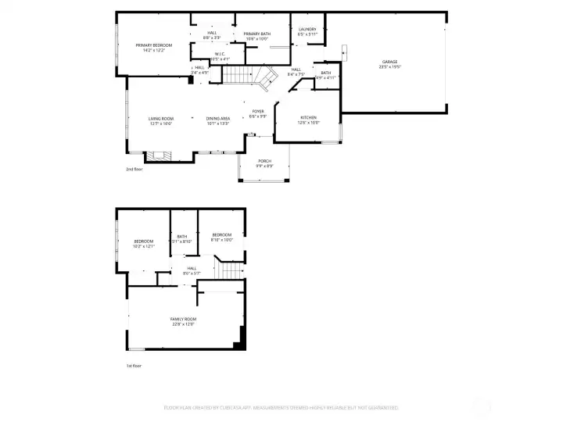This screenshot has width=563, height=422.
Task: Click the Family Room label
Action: point(183,320)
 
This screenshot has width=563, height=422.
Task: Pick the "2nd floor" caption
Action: point(134,169)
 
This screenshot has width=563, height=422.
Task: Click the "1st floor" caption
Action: point(134,366)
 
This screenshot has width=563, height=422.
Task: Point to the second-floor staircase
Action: point(250,77)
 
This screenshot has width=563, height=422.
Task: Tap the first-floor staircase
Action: point(228,270)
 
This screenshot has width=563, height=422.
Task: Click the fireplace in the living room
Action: point(160,156)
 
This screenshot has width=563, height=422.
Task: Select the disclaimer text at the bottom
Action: point(281,407)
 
